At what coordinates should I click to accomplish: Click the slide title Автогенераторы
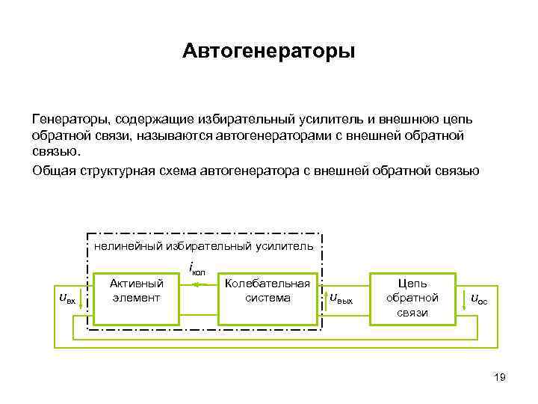[x=268, y=52]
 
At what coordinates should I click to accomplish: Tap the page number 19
[x=500, y=377]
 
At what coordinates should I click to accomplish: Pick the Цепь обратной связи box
[x=412, y=298]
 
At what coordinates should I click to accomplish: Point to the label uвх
[x=67, y=299]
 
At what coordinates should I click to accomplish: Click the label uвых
[x=341, y=299]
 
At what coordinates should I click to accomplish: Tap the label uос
[x=478, y=299]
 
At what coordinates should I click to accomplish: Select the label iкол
[x=197, y=269]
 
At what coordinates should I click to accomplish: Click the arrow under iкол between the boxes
[x=197, y=284]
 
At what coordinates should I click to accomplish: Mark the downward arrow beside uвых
[x=326, y=299]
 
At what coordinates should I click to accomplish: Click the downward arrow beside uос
[x=464, y=299]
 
